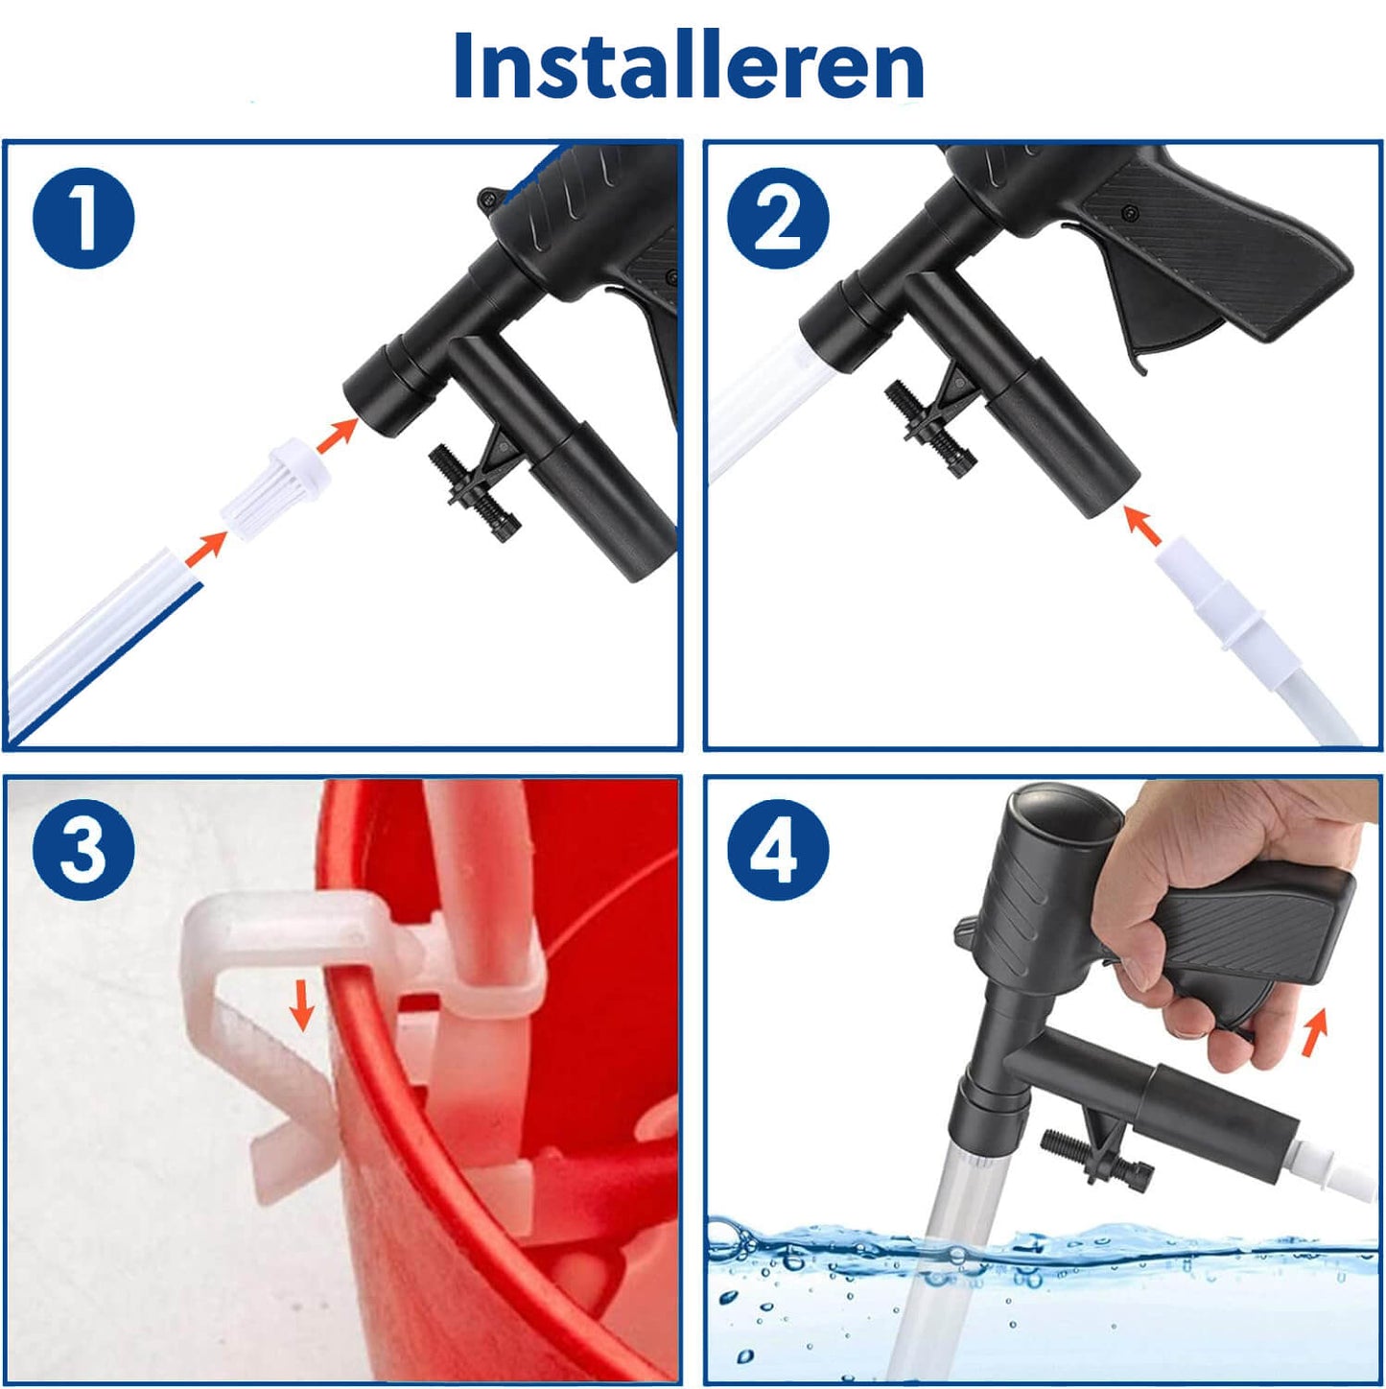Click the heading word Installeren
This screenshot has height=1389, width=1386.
point(689,65)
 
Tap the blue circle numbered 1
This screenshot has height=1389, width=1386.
point(83,219)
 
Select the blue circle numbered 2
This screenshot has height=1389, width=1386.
point(778,219)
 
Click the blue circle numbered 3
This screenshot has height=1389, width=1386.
point(83,848)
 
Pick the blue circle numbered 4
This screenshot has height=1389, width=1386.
point(778,848)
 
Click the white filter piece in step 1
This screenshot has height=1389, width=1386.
point(275,487)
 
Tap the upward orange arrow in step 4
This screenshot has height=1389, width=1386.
point(1312,1031)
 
